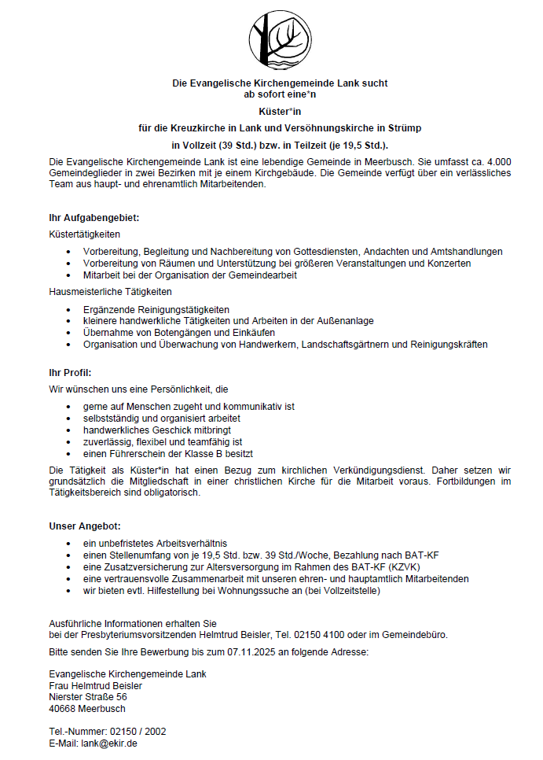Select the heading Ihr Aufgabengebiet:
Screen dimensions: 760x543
click(x=94, y=217)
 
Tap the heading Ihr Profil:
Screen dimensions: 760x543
click(x=71, y=372)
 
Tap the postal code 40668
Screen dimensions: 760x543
click(x=62, y=708)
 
